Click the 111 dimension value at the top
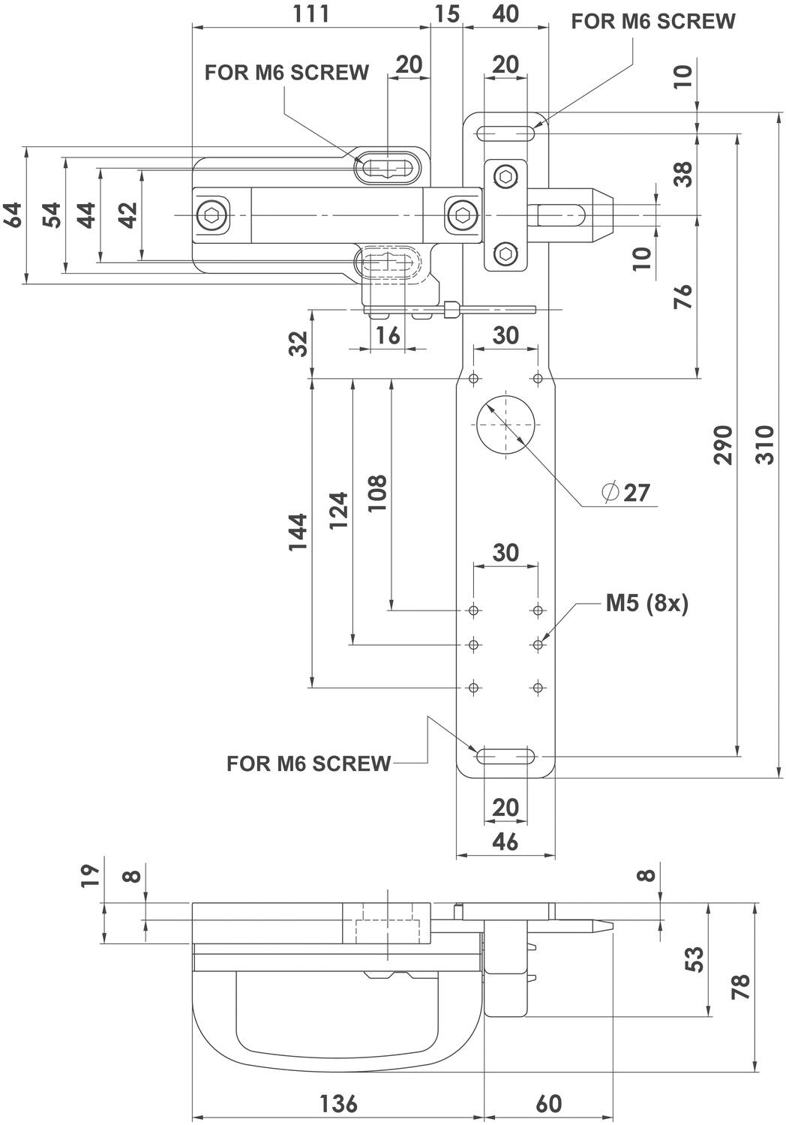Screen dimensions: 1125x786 pyautogui.click(x=311, y=13)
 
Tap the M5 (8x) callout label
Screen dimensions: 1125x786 pyautogui.click(x=646, y=604)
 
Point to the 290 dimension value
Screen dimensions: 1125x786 pyautogui.click(x=722, y=445)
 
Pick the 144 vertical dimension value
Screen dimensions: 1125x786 pyautogui.click(x=298, y=532)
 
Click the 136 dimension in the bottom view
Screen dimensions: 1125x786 pyautogui.click(x=339, y=1104)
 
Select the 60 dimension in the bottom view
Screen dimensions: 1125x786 pyautogui.click(x=549, y=1104)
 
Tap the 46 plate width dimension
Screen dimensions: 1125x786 pyautogui.click(x=506, y=841)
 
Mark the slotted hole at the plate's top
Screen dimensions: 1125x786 pyautogui.click(x=506, y=133)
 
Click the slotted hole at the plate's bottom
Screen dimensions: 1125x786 pyautogui.click(x=506, y=756)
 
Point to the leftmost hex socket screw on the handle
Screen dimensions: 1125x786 pyautogui.click(x=211, y=216)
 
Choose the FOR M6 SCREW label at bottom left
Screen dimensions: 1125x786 pyautogui.click(x=308, y=763)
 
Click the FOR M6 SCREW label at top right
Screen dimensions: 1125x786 pyautogui.click(x=653, y=22)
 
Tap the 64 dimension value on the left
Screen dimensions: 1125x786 pyautogui.click(x=13, y=214)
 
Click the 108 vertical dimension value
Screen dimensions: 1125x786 pyautogui.click(x=376, y=493)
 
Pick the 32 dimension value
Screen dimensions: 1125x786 pyautogui.click(x=298, y=343)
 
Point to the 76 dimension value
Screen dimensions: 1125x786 pyautogui.click(x=682, y=296)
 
